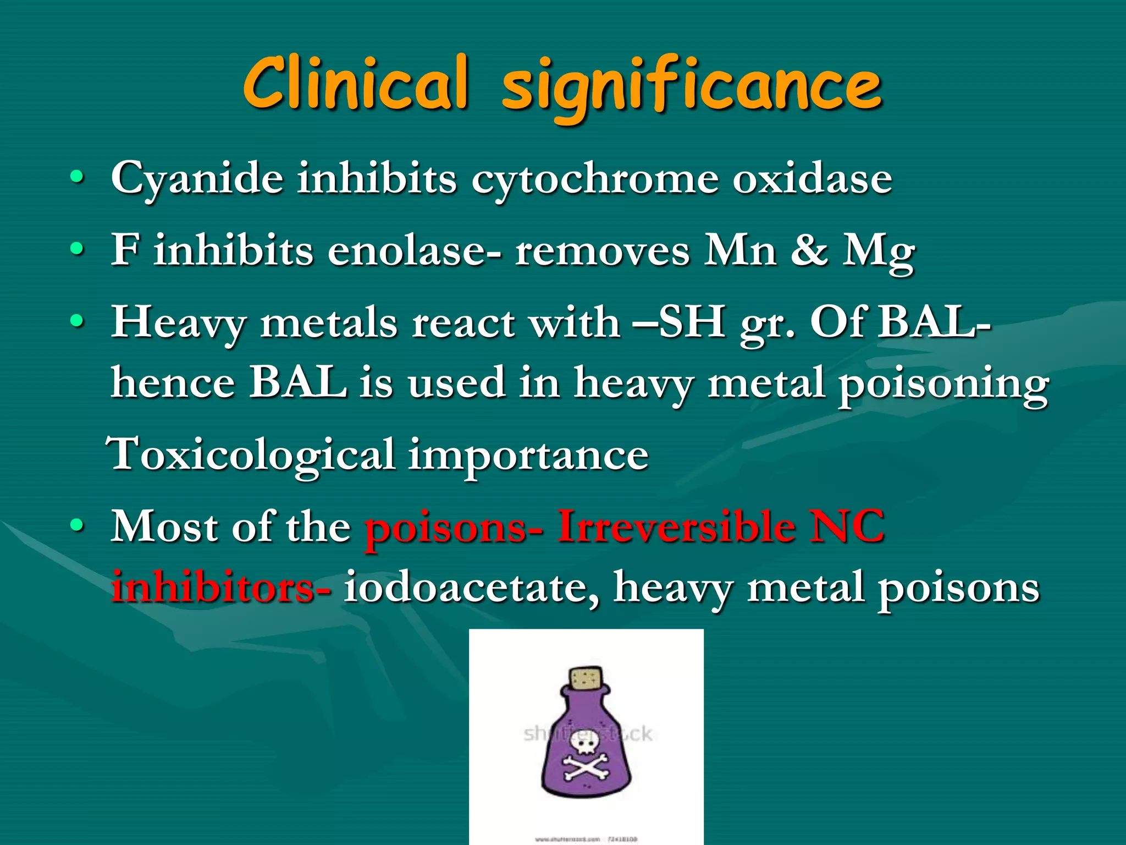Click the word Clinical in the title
click(x=356, y=84)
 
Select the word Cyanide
click(x=197, y=179)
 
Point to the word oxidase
click(x=812, y=178)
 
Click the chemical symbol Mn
click(x=741, y=250)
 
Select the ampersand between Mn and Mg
click(x=809, y=250)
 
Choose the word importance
click(x=528, y=457)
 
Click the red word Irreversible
click(x=676, y=526)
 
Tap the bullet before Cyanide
click(x=78, y=178)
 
